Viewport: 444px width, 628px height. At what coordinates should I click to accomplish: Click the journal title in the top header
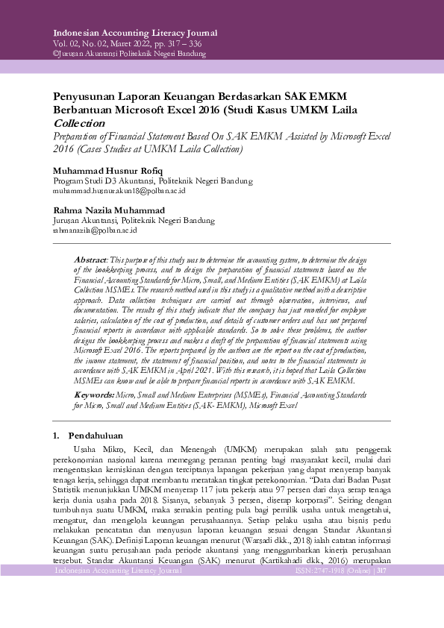[135, 33]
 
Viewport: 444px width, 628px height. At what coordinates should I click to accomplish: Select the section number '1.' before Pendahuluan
[56, 436]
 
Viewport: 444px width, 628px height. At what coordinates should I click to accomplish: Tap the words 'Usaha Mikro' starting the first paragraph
[96, 449]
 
